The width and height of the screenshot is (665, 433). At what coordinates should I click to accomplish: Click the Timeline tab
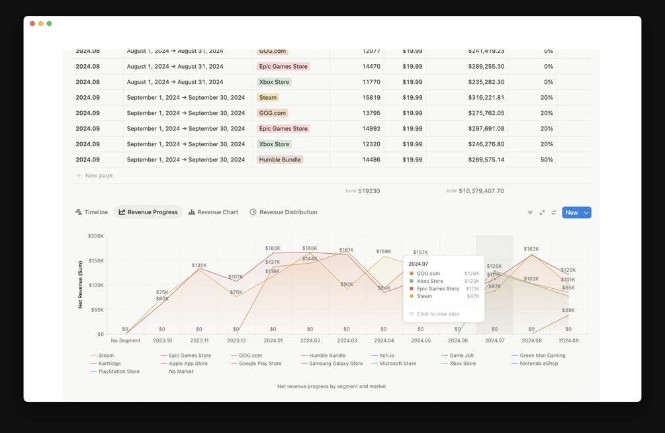91,212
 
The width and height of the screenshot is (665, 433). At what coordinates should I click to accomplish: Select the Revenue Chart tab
213,212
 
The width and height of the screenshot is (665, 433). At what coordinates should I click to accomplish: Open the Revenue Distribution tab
283,212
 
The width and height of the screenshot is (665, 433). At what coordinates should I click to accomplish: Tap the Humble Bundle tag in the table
280,159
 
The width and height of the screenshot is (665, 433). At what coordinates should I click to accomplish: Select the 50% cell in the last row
547,159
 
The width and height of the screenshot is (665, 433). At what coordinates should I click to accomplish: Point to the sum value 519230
369,191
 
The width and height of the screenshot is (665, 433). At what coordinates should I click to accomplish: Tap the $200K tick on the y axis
96,236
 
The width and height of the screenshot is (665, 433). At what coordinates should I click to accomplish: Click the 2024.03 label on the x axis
347,340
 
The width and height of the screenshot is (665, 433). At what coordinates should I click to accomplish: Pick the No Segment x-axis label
125,340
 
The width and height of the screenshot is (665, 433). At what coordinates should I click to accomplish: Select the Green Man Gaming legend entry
542,356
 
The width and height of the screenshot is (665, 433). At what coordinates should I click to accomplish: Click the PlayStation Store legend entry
118,372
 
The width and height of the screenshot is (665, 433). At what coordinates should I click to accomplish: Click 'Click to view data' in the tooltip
437,314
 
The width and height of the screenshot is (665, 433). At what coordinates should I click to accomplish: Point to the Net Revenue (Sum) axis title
80,284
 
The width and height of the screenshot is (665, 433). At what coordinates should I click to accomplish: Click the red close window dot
32,24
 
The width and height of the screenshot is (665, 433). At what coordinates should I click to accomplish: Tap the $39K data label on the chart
568,310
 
